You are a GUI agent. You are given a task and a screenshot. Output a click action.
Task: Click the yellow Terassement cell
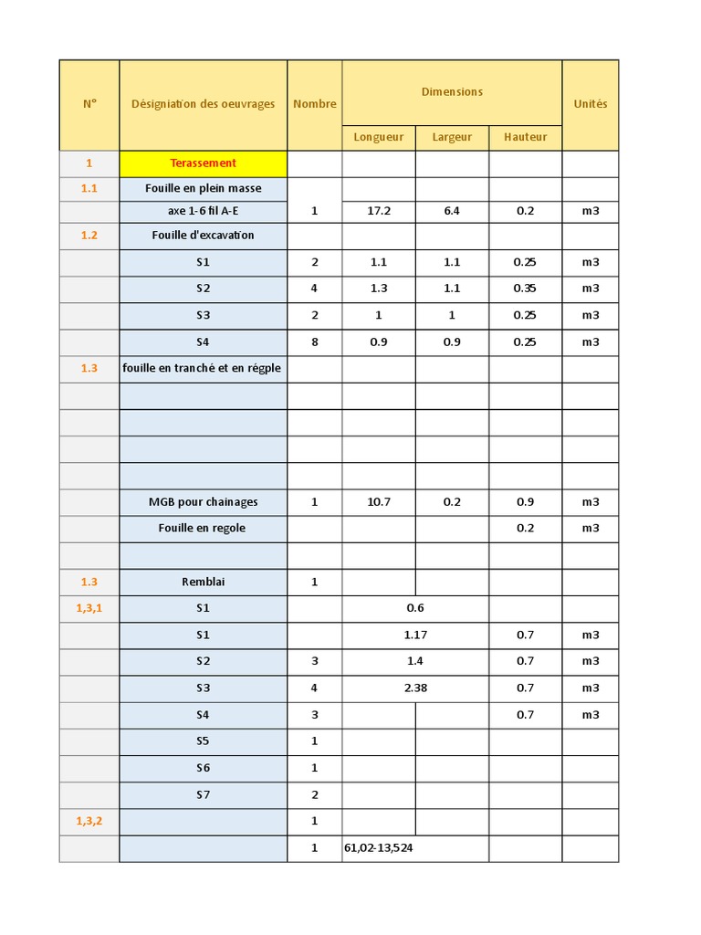(203, 163)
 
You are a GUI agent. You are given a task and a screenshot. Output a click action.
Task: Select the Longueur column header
(378, 137)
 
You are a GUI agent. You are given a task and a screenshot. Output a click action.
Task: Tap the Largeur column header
(452, 137)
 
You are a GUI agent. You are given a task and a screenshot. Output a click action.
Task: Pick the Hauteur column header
(525, 137)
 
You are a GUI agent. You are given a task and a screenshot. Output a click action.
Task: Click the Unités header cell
(590, 104)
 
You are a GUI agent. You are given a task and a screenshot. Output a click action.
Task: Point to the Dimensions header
(452, 92)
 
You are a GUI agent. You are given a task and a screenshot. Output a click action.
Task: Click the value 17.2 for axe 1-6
(378, 211)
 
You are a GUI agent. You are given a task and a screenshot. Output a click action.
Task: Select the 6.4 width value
(452, 211)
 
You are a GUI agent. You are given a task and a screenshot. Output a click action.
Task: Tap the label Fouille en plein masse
(203, 188)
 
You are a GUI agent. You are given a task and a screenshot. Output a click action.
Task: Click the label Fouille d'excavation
(203, 235)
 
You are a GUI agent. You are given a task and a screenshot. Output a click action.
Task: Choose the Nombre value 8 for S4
(314, 342)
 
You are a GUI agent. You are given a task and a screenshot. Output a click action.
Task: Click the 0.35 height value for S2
(525, 289)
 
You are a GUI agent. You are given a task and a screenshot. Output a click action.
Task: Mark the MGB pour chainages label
(203, 501)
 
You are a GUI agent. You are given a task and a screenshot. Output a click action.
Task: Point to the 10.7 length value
(378, 501)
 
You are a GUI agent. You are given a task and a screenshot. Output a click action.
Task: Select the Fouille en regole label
(202, 528)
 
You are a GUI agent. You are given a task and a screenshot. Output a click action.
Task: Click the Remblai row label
(203, 582)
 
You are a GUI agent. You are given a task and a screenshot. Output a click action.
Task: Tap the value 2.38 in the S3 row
(415, 688)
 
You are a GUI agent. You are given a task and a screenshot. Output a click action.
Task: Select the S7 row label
(203, 794)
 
